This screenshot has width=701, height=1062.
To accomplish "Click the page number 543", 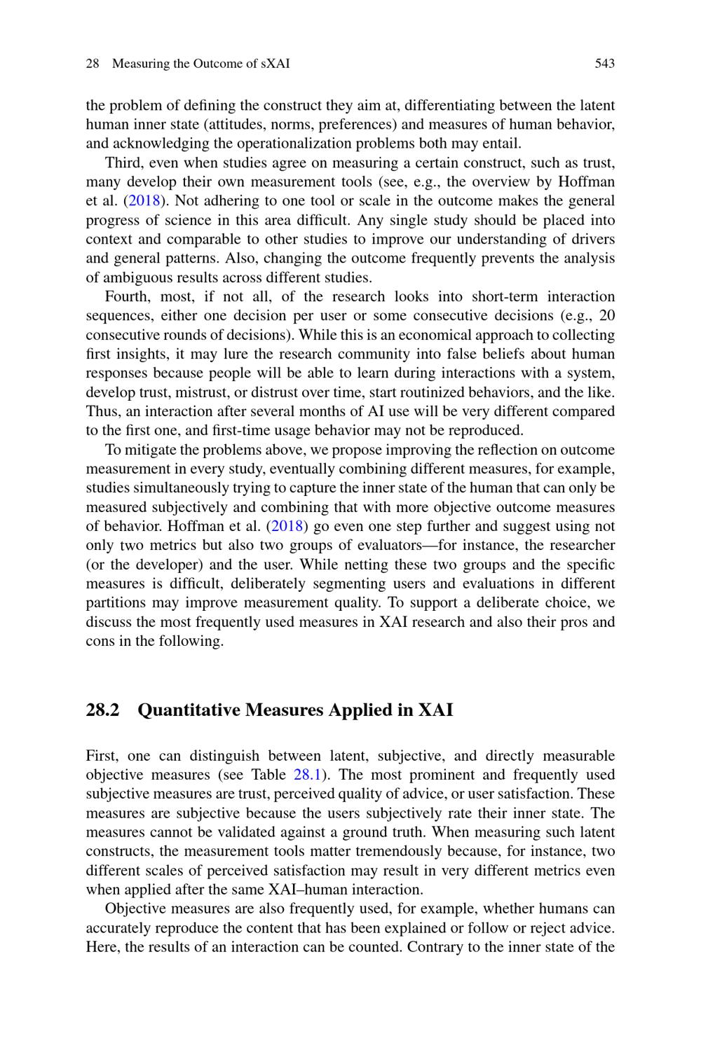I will (x=604, y=64).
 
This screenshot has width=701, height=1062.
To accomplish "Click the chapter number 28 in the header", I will (x=92, y=64).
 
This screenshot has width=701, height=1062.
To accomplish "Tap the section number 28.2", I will (x=103, y=710).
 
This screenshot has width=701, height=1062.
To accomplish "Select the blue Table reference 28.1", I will (x=307, y=775).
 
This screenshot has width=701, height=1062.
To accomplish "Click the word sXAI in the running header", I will (x=275, y=64).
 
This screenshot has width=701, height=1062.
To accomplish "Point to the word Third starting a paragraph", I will (x=124, y=163).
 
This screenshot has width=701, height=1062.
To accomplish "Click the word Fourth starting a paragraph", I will (x=127, y=296).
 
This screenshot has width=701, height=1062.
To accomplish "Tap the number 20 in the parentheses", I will (x=607, y=316).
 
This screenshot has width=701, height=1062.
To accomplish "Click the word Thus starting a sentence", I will (x=102, y=411).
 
